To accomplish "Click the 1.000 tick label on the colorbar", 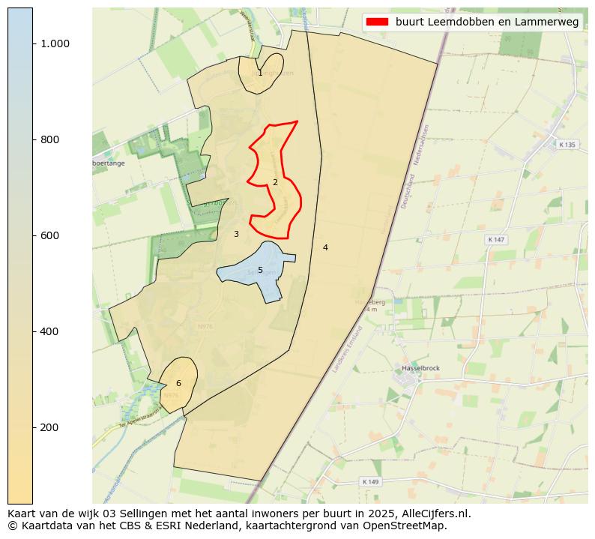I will tap(55, 43).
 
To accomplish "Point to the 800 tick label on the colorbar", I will tap(50, 139).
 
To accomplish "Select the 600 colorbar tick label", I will tap(50, 235).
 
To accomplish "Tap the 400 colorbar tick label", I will tap(50, 331).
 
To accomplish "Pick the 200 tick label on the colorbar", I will tap(50, 427).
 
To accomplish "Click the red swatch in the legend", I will tap(378, 22).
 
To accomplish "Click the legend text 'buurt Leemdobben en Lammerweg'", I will tap(487, 22).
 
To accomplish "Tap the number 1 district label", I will tap(260, 73).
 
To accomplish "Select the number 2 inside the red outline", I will tap(275, 182).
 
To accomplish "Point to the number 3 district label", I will tap(236, 234).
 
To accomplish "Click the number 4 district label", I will tap(325, 247).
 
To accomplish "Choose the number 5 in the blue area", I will tap(260, 270).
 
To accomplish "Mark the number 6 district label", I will tap(178, 383).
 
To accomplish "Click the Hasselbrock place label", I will tap(420, 368).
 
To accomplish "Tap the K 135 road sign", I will tap(567, 145).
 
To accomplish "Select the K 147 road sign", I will tap(496, 239).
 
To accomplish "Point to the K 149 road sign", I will tap(369, 481).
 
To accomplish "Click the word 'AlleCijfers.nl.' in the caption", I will tap(431, 514).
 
